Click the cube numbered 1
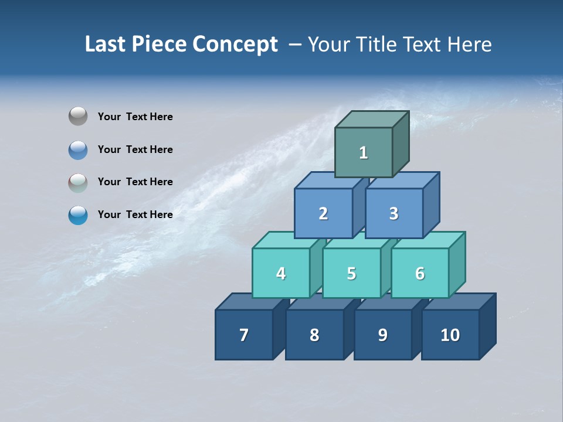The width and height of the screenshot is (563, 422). coord(364,152)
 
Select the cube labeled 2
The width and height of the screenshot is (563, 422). coord(323,213)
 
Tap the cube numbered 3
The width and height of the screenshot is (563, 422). coord(394,213)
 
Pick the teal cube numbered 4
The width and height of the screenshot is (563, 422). coord(281,273)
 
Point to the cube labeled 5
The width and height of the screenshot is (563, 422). coord(351,273)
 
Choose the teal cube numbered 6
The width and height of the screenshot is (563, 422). coord(420,273)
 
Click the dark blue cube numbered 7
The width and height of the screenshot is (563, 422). coord(244,335)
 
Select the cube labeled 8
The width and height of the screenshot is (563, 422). coord(314,335)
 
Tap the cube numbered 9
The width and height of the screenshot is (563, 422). coord(382,335)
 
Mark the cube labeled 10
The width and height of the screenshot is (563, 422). coord(450,335)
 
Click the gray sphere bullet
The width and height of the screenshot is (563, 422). coord(78,117)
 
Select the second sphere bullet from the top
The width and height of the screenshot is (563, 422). coord(78,149)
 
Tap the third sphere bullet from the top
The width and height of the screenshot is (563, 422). coord(78,182)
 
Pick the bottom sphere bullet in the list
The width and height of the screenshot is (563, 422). coord(78,215)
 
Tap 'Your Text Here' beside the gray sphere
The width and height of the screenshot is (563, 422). coord(135,117)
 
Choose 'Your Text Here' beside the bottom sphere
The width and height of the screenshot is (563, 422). coord(135,215)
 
